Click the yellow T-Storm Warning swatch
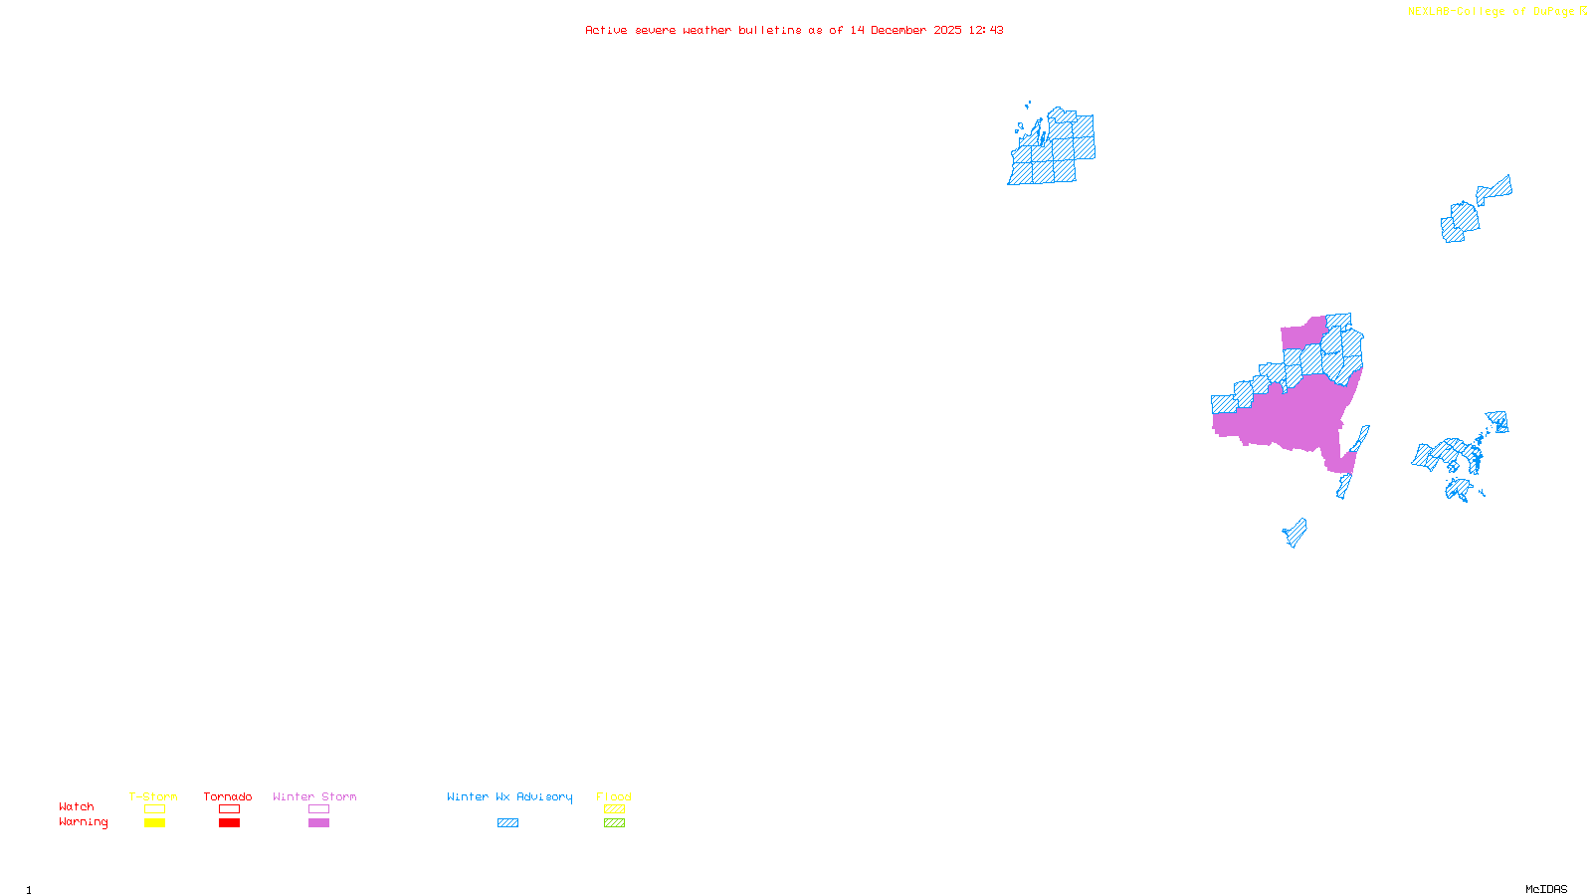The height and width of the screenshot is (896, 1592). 154,823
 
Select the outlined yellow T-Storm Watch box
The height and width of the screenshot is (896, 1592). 154,809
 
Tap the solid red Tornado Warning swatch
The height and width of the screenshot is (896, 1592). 229,823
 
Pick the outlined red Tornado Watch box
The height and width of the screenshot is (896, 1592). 229,809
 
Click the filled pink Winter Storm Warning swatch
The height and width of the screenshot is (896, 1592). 318,823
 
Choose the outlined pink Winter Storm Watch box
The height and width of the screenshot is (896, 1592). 318,809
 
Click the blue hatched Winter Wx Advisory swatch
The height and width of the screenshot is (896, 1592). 507,823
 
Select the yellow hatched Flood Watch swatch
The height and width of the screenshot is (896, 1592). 614,809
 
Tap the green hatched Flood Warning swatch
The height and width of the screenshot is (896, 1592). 614,823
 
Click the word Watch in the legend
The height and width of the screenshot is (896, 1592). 77,807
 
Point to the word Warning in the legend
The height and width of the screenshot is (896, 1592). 83,822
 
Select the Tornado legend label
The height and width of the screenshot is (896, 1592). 228,796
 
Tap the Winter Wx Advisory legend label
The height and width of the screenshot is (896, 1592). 509,796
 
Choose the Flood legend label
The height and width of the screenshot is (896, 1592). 614,796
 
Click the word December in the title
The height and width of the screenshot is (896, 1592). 898,30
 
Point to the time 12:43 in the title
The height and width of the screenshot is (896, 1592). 986,30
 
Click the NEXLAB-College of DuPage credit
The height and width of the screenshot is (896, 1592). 1491,12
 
